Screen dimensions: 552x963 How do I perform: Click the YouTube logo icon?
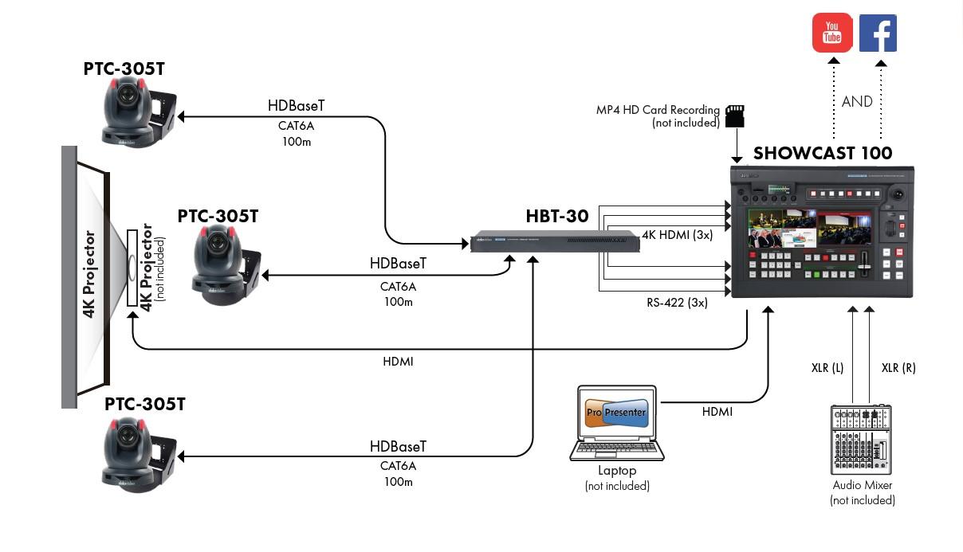pos(832,33)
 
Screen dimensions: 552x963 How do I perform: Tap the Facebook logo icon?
pos(878,33)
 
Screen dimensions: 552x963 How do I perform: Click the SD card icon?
pos(734,116)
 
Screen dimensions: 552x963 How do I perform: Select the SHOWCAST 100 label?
pos(823,153)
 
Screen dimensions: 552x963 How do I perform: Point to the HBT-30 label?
pos(556,216)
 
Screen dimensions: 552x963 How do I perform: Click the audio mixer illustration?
pos(861,440)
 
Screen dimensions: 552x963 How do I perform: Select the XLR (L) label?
pos(827,368)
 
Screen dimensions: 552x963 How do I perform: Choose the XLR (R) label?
pos(898,368)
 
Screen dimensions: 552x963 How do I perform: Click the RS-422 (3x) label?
pos(677,303)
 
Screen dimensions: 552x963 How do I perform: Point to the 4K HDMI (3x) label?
pos(677,235)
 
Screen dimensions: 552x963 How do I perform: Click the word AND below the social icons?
pos(857,102)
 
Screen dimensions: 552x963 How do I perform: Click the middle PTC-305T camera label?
pos(218,216)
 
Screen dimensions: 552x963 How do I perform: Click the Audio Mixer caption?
pos(862,485)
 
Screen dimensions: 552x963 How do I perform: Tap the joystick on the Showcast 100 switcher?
pos(899,194)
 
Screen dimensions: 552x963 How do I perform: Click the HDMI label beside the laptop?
pos(717,412)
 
